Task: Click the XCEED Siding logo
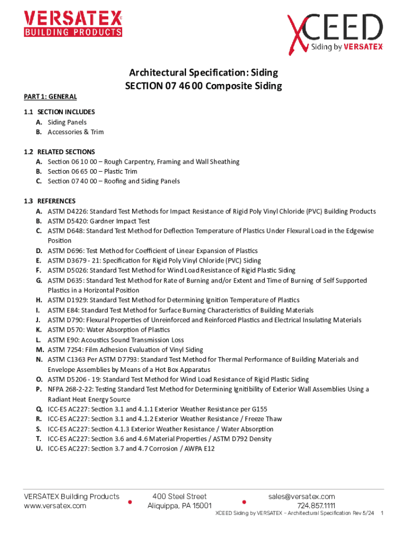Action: click(335, 33)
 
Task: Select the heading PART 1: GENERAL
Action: click(51, 97)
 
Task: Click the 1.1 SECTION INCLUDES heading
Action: click(59, 112)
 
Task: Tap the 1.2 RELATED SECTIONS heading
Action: click(59, 152)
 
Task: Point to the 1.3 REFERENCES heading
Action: click(50, 201)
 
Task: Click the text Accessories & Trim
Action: click(76, 132)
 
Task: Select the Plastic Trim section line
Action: click(92, 171)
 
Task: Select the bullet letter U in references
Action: click(39, 449)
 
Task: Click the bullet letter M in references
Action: click(39, 350)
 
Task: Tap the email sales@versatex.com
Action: click(301, 497)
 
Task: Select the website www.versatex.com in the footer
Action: click(55, 506)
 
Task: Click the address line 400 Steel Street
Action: click(179, 497)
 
